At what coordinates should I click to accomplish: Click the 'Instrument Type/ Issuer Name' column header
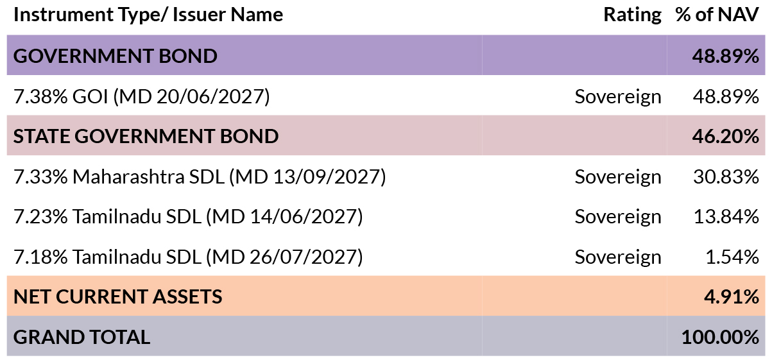[148, 15]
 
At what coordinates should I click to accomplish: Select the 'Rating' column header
[632, 15]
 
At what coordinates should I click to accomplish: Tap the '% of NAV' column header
[717, 15]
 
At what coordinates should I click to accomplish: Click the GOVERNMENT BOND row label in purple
[115, 56]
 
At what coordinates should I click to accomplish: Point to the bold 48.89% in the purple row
[725, 56]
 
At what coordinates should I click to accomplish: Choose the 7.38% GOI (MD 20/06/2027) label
[142, 96]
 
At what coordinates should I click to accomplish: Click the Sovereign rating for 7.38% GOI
[618, 97]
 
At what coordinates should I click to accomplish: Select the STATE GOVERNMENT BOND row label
[146, 136]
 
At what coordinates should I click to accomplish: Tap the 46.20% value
[725, 136]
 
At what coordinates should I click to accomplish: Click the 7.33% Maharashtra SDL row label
[200, 176]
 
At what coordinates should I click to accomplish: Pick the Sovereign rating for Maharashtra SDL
[618, 177]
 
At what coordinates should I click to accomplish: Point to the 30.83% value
[726, 176]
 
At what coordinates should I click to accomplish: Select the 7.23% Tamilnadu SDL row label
[188, 217]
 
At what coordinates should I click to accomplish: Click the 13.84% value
[726, 217]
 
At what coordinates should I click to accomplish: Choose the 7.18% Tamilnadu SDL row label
[188, 257]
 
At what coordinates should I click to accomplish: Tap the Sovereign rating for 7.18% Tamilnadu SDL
[618, 257]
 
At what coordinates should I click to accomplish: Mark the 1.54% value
[732, 257]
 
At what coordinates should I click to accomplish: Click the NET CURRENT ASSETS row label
[118, 296]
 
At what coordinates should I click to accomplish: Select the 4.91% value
[732, 296]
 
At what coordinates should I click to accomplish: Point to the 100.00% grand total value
[720, 337]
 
